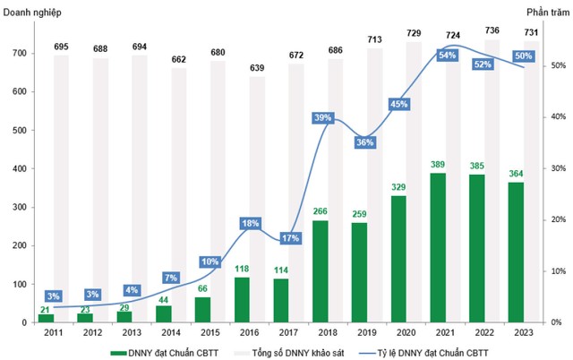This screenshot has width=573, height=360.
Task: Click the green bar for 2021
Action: pos(439,247)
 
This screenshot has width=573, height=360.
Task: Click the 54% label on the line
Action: pos(446,56)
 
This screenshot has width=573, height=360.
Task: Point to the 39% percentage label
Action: pos(323,118)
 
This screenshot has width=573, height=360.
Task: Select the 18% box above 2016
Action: pos(250,223)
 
